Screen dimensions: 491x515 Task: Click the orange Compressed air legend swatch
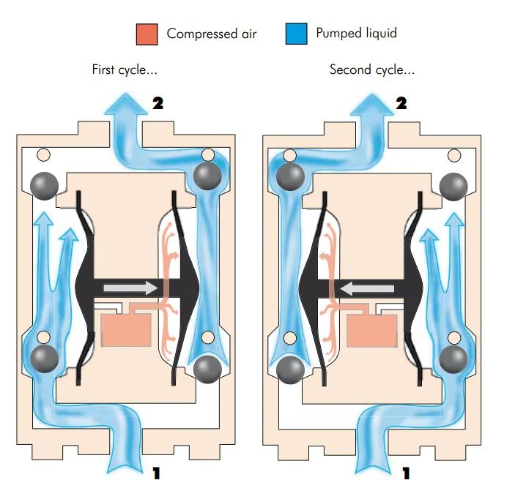pos(147,34)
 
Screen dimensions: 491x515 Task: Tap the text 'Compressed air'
pos(212,34)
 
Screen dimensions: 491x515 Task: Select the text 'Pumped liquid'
pos(356,33)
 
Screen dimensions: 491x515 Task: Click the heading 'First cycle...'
pos(125,70)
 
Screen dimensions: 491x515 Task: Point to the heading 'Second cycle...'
pos(372,70)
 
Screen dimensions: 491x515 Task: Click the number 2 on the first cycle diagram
pos(158,103)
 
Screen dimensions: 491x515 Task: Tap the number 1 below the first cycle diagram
pos(155,474)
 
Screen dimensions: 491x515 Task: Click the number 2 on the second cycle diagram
pos(401,103)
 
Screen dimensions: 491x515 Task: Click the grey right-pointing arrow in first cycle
pos(130,287)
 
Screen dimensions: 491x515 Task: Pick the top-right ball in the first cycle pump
pos(207,175)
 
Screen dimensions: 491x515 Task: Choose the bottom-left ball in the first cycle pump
pos(45,358)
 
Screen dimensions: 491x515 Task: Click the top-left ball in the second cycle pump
pos(291,175)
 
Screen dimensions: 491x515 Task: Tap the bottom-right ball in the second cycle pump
pos(453,358)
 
